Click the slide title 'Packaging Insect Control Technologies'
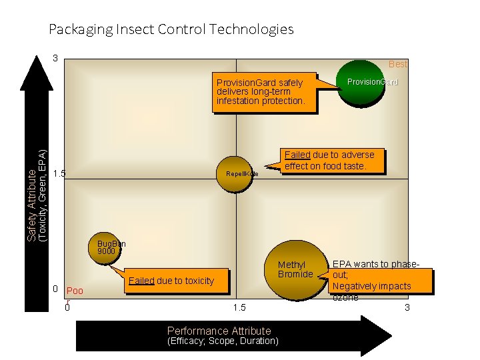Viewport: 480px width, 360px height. [x=171, y=29]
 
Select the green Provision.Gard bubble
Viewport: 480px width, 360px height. [x=362, y=83]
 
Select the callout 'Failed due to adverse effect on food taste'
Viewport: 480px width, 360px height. [x=329, y=160]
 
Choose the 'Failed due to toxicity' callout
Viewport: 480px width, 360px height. [x=171, y=281]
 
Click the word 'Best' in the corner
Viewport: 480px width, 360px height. [x=398, y=64]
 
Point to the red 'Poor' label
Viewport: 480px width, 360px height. [x=75, y=291]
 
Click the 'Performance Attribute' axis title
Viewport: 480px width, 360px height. [x=219, y=331]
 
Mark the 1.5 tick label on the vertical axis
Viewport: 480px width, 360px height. [x=59, y=174]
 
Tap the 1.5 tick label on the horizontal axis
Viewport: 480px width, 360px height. [x=239, y=307]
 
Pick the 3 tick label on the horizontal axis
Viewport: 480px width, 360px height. [x=407, y=307]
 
